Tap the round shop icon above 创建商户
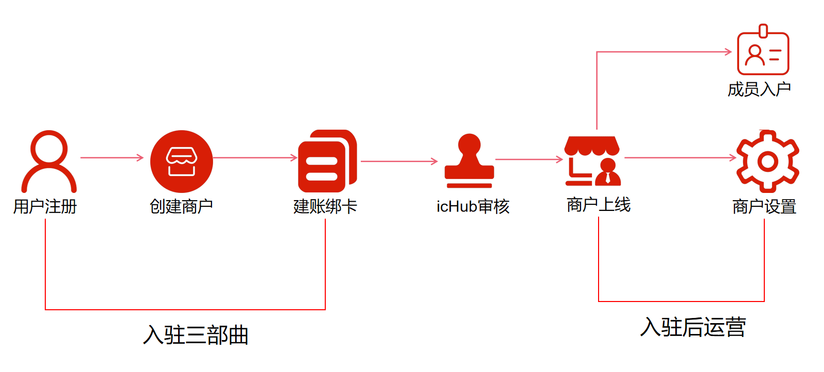click(181, 161)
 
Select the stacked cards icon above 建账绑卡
click(327, 161)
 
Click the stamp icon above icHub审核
click(469, 161)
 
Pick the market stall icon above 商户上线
click(592, 161)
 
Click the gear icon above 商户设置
click(767, 161)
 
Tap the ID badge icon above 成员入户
click(763, 51)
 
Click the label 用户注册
click(45, 206)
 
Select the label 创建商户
click(181, 206)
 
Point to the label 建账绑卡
click(325, 206)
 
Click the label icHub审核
click(473, 206)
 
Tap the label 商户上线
click(599, 205)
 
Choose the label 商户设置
click(764, 206)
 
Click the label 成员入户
click(759, 90)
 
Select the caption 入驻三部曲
click(196, 335)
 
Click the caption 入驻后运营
click(693, 327)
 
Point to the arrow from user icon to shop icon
click(112, 157)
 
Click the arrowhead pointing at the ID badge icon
click(728, 51)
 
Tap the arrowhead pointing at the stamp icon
click(434, 162)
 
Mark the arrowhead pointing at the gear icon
click(733, 157)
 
